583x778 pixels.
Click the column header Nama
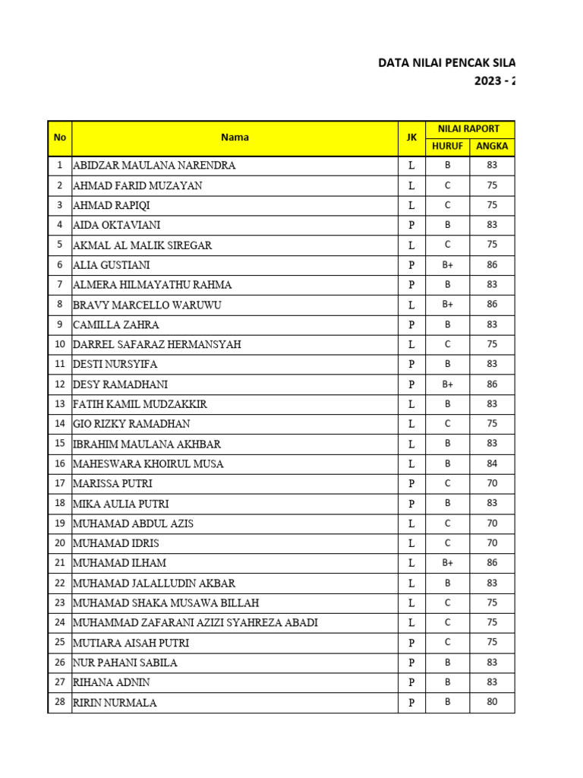(235, 138)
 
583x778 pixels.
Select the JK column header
(411, 138)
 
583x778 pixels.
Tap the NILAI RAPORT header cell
(469, 128)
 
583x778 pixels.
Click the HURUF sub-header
(447, 146)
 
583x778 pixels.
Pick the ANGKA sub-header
(492, 146)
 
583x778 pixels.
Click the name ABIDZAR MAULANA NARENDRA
(154, 166)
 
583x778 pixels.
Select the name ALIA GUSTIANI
(112, 265)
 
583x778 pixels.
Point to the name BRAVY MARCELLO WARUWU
(147, 305)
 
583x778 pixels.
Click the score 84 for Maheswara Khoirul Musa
(492, 463)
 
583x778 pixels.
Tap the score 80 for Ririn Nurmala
(492, 702)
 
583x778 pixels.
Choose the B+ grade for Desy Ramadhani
(447, 384)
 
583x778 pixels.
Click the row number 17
(59, 483)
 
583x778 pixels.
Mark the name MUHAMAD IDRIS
(116, 543)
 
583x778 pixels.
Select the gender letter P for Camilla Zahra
(411, 324)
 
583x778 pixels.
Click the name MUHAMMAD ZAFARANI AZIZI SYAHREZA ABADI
(195, 623)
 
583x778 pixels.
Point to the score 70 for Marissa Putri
(492, 483)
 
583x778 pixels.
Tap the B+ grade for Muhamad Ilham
(447, 563)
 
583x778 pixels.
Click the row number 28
(59, 702)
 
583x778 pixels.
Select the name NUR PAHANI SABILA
(124, 663)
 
